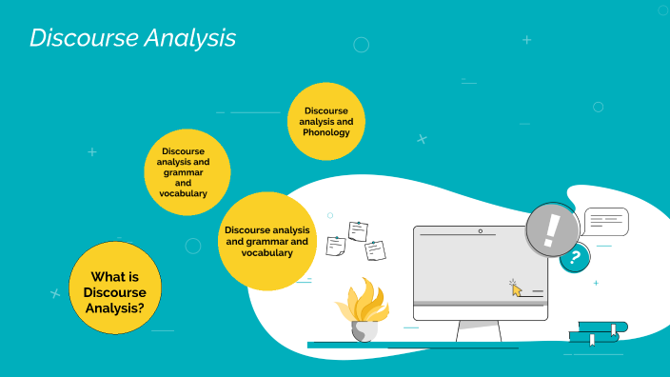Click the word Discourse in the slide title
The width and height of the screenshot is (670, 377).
[82, 38]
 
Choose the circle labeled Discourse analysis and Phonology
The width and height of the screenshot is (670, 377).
[326, 121]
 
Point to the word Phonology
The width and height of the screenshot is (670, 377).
[326, 132]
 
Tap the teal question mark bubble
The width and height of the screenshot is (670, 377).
[574, 257]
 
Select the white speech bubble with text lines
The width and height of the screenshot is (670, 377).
[606, 222]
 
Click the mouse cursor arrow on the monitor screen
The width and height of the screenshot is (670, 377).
[517, 288]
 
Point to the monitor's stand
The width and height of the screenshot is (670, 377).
[479, 331]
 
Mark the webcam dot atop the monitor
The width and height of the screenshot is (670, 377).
[480, 230]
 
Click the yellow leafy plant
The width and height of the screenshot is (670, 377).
[363, 300]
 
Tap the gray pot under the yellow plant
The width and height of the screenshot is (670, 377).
[364, 331]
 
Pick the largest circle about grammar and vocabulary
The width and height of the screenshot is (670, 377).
[266, 241]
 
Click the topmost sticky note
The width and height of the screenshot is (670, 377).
[358, 230]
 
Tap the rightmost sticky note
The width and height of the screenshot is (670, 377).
[375, 250]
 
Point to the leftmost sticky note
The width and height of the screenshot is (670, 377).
[336, 246]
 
